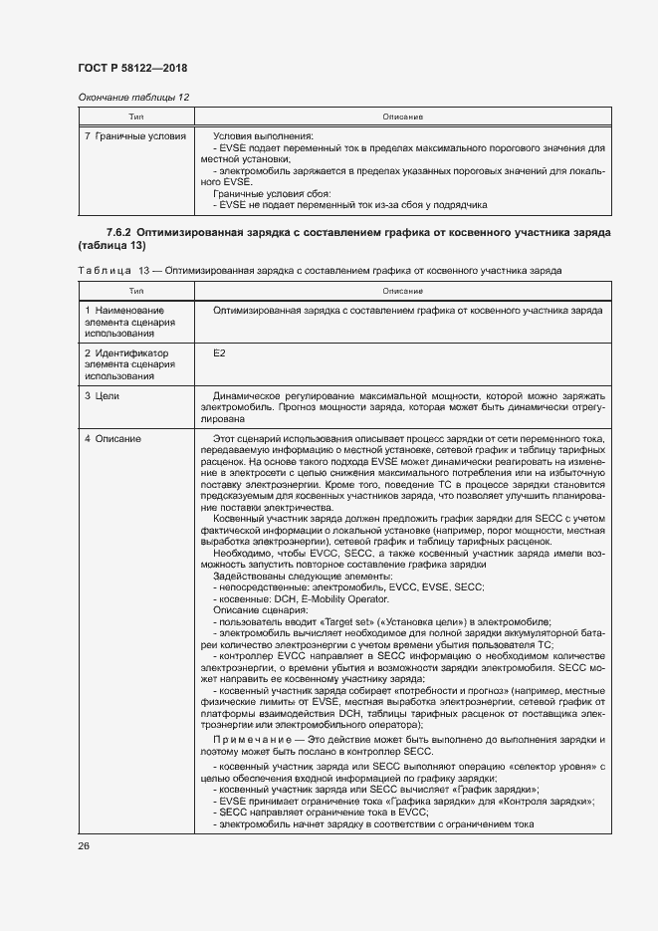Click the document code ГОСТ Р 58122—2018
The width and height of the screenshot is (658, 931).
coord(132,68)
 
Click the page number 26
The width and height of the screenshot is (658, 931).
coord(84,844)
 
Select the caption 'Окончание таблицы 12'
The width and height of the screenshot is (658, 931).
coord(132,97)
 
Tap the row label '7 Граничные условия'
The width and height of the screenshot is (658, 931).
coord(135,135)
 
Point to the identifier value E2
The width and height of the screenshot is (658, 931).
coord(219,353)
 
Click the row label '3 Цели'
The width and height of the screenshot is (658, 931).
coord(102,396)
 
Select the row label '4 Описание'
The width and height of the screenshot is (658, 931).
coord(111,439)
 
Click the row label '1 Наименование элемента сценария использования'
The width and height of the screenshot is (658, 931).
coord(124,321)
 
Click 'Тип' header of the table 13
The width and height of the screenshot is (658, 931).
coord(135,291)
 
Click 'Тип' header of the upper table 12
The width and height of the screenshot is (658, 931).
coord(135,116)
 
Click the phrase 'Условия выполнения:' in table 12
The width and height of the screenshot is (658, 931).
coord(263,135)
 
